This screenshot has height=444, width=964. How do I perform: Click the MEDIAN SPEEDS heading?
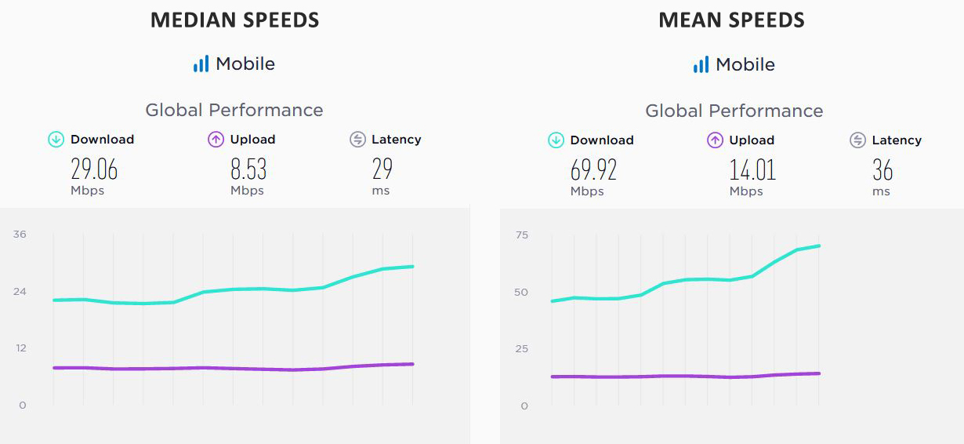pos(234,20)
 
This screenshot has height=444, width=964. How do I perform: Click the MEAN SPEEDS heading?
pos(731,20)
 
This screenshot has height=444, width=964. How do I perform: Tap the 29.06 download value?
pos(94,169)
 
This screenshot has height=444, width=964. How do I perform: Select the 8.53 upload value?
pos(248,169)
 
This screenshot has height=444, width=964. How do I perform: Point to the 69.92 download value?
pos(593,170)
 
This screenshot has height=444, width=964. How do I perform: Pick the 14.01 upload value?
pos(752,170)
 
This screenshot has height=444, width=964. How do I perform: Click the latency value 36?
pos(882,170)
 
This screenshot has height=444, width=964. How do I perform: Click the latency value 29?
pos(382,169)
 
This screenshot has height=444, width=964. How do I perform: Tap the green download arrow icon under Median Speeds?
pos(56,140)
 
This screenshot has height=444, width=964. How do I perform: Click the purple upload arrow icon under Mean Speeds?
pos(715,140)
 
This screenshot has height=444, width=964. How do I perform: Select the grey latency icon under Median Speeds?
pos(357,140)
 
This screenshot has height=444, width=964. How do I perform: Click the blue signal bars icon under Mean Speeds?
pos(701,65)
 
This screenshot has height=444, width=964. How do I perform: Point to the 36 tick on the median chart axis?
pos(20,235)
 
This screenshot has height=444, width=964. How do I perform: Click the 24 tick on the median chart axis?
pos(20,292)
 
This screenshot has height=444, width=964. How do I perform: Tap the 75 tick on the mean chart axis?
pos(521,235)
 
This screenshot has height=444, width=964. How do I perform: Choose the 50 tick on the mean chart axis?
pos(521,293)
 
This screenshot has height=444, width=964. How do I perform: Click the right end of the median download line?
pos(413,267)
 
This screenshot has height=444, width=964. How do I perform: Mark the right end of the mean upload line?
pos(819,373)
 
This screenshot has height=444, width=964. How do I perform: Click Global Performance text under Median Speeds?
pos(234,110)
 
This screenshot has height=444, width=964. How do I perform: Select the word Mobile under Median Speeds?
pos(245,64)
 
